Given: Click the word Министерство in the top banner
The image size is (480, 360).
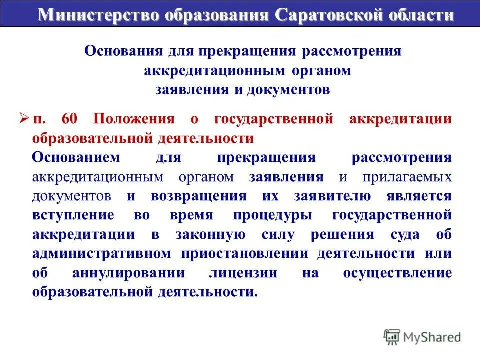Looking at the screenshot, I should point(100,15).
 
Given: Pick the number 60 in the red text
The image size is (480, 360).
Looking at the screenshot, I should point(71,119).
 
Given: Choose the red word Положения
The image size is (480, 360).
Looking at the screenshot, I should point(133,119).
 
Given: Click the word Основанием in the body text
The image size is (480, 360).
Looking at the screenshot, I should point(76,158).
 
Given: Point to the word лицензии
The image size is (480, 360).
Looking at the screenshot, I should point(244,273).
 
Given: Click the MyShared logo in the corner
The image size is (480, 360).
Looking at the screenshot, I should point(422,337).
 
